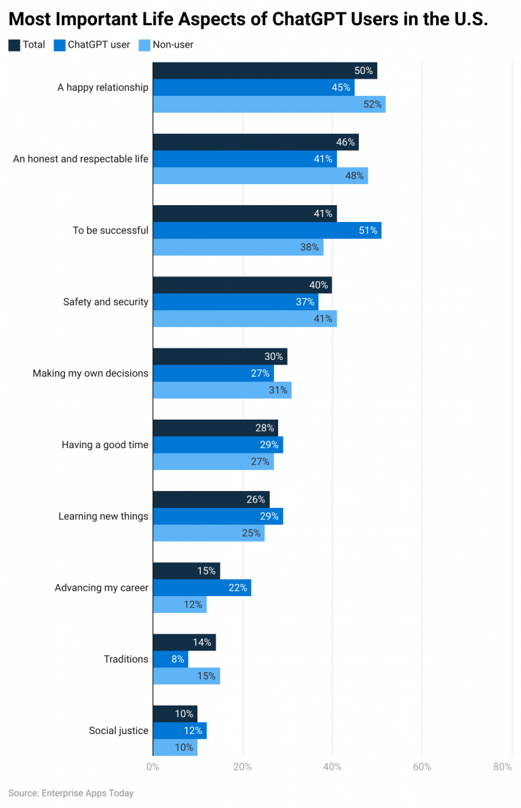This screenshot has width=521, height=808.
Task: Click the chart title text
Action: (248, 19)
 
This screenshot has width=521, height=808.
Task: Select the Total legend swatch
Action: (14, 45)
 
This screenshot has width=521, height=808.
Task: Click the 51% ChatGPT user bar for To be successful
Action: (267, 230)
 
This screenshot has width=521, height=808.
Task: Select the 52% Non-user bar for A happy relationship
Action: (269, 104)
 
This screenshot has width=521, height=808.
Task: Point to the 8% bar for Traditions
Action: (170, 659)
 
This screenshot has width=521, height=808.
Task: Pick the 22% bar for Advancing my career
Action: (201, 587)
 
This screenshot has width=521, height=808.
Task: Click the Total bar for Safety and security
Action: (242, 285)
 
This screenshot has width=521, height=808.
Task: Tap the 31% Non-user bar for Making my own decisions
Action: (222, 390)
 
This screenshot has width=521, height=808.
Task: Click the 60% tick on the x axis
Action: (422, 767)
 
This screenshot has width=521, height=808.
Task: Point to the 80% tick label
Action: (503, 767)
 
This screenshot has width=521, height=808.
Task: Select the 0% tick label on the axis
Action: (153, 767)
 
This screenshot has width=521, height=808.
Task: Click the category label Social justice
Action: (118, 731)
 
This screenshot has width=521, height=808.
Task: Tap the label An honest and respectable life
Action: (80, 159)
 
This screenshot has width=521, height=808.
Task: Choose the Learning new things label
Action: (103, 516)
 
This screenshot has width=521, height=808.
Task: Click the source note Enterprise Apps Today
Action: (71, 793)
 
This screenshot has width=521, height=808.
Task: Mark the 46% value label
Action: (345, 142)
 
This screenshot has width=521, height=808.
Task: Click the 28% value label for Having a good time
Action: (265, 428)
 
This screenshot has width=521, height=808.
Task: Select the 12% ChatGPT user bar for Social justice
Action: (179, 731)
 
